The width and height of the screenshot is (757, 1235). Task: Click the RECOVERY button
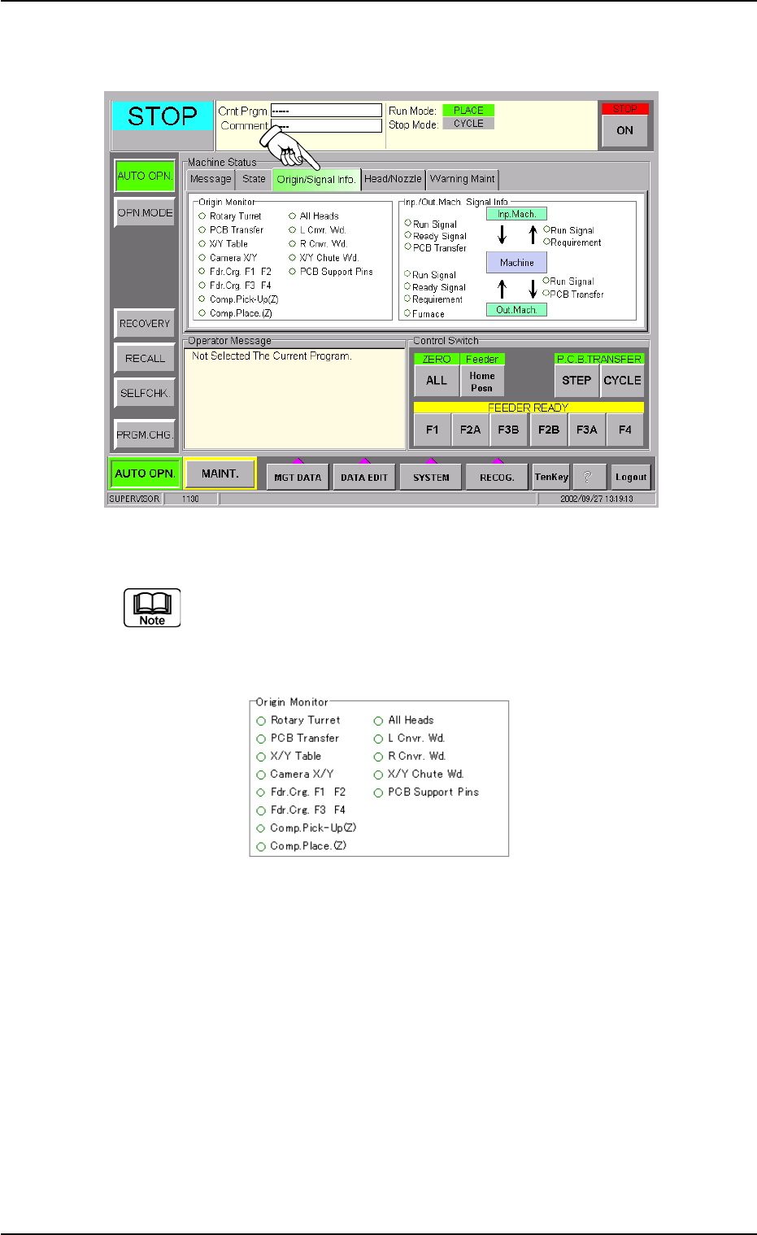pos(145,323)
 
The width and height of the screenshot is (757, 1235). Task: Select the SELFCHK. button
pos(145,393)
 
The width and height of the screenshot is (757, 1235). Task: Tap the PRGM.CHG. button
pos(145,434)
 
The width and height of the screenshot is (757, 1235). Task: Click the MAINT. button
pos(220,473)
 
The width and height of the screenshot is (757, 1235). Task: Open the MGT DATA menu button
pos(298,478)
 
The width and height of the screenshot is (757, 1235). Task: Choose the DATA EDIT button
pos(364,478)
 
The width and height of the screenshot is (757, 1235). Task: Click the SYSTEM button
pos(431,478)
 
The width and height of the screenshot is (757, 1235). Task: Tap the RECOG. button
pos(497,478)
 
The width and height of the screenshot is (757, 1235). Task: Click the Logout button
pos(631,478)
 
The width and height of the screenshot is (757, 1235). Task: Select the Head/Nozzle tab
pos(393,179)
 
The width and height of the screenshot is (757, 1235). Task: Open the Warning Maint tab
pos(462,179)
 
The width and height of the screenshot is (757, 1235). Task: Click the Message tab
pos(211,179)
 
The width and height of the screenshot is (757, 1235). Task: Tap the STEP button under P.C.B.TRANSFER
pos(576,380)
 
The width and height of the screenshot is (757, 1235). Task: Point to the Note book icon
pos(152,608)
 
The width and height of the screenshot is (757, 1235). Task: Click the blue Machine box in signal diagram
pos(517,263)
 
